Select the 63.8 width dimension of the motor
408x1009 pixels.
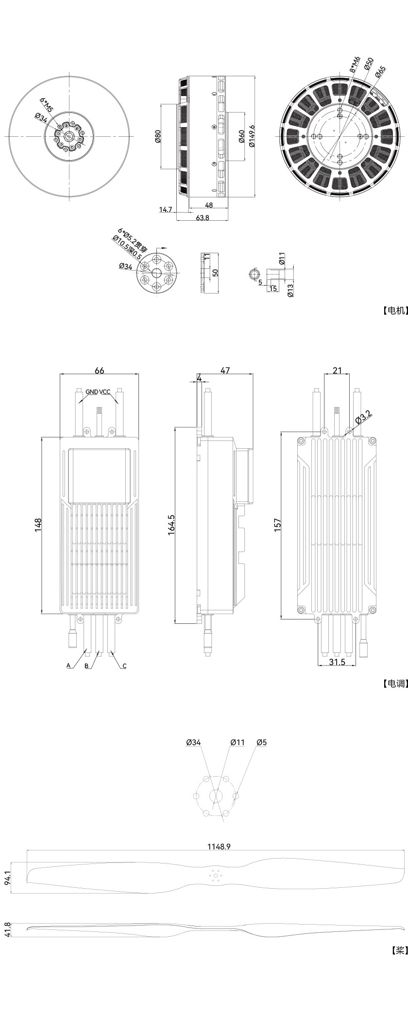coord(203,218)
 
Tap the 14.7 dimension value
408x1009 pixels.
coord(166,210)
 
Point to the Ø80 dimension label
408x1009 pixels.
coord(158,137)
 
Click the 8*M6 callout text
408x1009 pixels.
coord(356,64)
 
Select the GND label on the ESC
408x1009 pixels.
coord(92,392)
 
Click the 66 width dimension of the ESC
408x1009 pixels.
coord(99,371)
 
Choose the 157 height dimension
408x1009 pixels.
coord(278,525)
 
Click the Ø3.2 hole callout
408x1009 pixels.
coord(363,416)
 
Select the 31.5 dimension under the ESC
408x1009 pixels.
coord(337,662)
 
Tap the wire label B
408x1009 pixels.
coord(86,666)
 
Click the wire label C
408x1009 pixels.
coord(124,666)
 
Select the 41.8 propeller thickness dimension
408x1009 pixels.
coord(7,930)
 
